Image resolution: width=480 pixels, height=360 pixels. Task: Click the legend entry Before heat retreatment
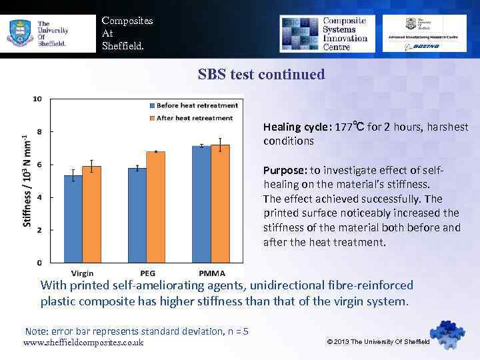point(197,105)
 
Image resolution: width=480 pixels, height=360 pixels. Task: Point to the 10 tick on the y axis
point(37,99)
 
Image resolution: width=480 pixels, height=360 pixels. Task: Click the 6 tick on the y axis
point(40,164)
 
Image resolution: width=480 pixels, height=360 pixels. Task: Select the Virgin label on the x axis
point(83,273)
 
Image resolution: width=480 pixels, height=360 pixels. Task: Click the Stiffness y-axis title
point(26,180)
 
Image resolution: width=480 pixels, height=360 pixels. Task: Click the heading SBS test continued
point(261,74)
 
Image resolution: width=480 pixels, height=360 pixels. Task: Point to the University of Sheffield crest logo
point(19,33)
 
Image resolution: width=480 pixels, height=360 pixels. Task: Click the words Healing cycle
point(297,127)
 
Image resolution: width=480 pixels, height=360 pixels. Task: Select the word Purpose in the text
point(285,170)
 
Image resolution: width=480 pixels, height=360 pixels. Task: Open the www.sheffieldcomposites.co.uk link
point(83,343)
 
